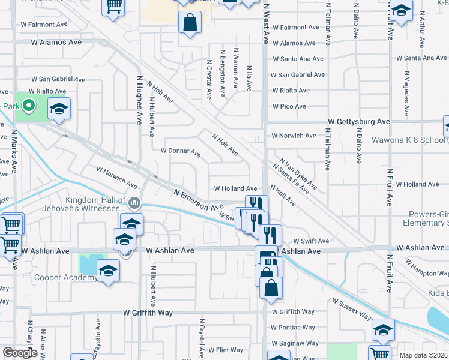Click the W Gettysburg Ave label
(358, 121)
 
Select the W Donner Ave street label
(180, 152)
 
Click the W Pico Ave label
(289, 106)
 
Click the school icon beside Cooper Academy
(109, 271)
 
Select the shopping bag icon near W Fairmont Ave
(190, 23)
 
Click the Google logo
(19, 353)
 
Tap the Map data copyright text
(423, 355)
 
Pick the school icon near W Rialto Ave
(59, 109)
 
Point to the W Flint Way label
(226, 350)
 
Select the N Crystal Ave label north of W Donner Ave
(209, 79)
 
